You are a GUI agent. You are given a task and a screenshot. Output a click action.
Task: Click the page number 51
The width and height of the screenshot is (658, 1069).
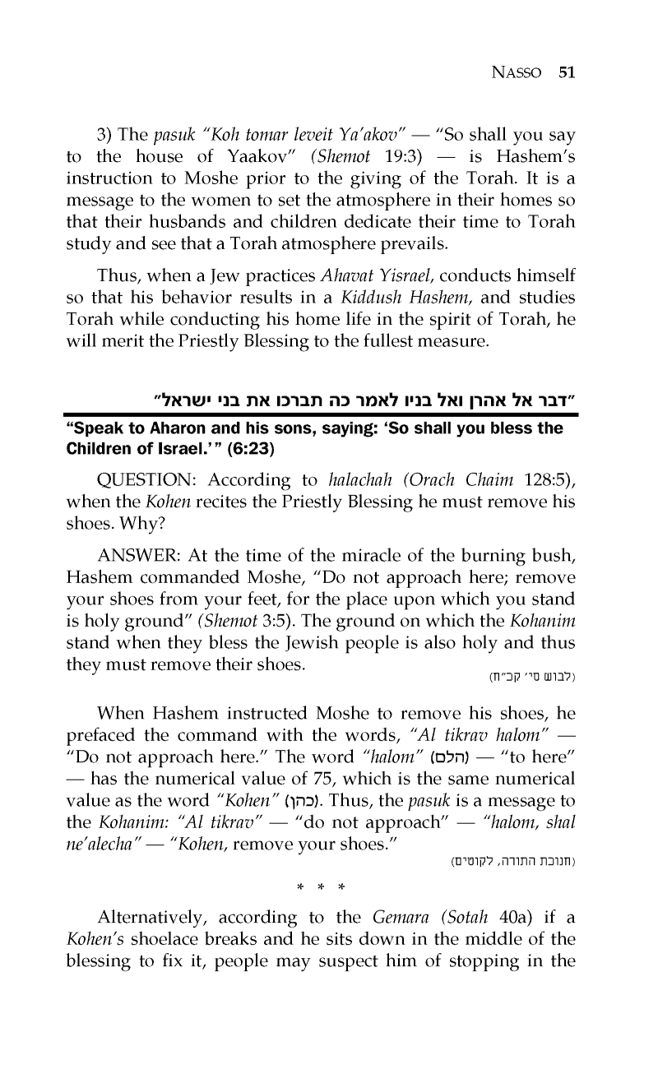coord(566,72)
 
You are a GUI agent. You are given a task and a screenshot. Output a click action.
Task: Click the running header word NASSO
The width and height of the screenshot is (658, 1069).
coord(521,72)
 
